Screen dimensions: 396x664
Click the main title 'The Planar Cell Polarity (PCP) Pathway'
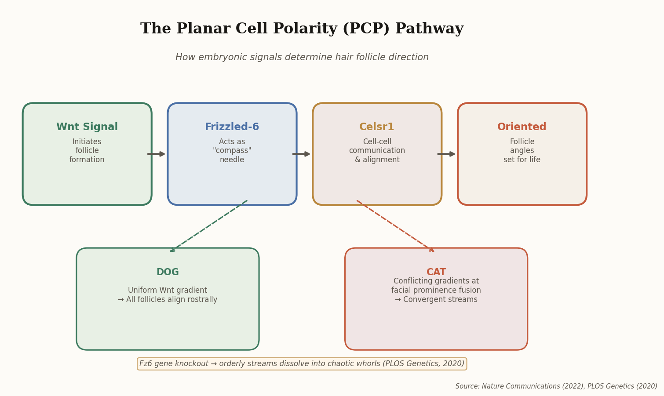pyautogui.click(x=302, y=29)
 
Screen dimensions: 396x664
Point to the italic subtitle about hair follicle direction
pyautogui.click(x=302, y=58)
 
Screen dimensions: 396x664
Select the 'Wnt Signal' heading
pyautogui.click(x=87, y=127)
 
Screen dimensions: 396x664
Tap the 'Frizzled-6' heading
pyautogui.click(x=232, y=127)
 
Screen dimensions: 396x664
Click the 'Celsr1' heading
pyautogui.click(x=377, y=127)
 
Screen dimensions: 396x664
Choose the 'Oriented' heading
pyautogui.click(x=522, y=127)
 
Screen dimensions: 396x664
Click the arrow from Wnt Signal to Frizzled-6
pyautogui.click(x=157, y=154)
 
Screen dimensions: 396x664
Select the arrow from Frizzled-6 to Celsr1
pyautogui.click(x=302, y=154)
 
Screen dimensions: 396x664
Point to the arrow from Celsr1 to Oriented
pyautogui.click(x=447, y=154)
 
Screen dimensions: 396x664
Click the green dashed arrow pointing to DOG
pyautogui.click(x=208, y=226)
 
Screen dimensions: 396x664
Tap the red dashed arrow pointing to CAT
pyautogui.click(x=395, y=226)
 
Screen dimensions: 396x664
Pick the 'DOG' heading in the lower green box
pyautogui.click(x=168, y=272)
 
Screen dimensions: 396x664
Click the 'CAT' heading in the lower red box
pyautogui.click(x=436, y=272)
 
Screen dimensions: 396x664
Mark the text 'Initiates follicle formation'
pyautogui.click(x=87, y=151)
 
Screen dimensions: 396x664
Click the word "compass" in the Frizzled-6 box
pyautogui.click(x=232, y=151)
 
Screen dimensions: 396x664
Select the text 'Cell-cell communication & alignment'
pyautogui.click(x=377, y=151)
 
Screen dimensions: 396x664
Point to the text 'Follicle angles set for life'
pyautogui.click(x=522, y=151)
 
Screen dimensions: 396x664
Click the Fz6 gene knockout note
pyautogui.click(x=302, y=364)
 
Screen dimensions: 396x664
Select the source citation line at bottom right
pyautogui.click(x=556, y=386)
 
